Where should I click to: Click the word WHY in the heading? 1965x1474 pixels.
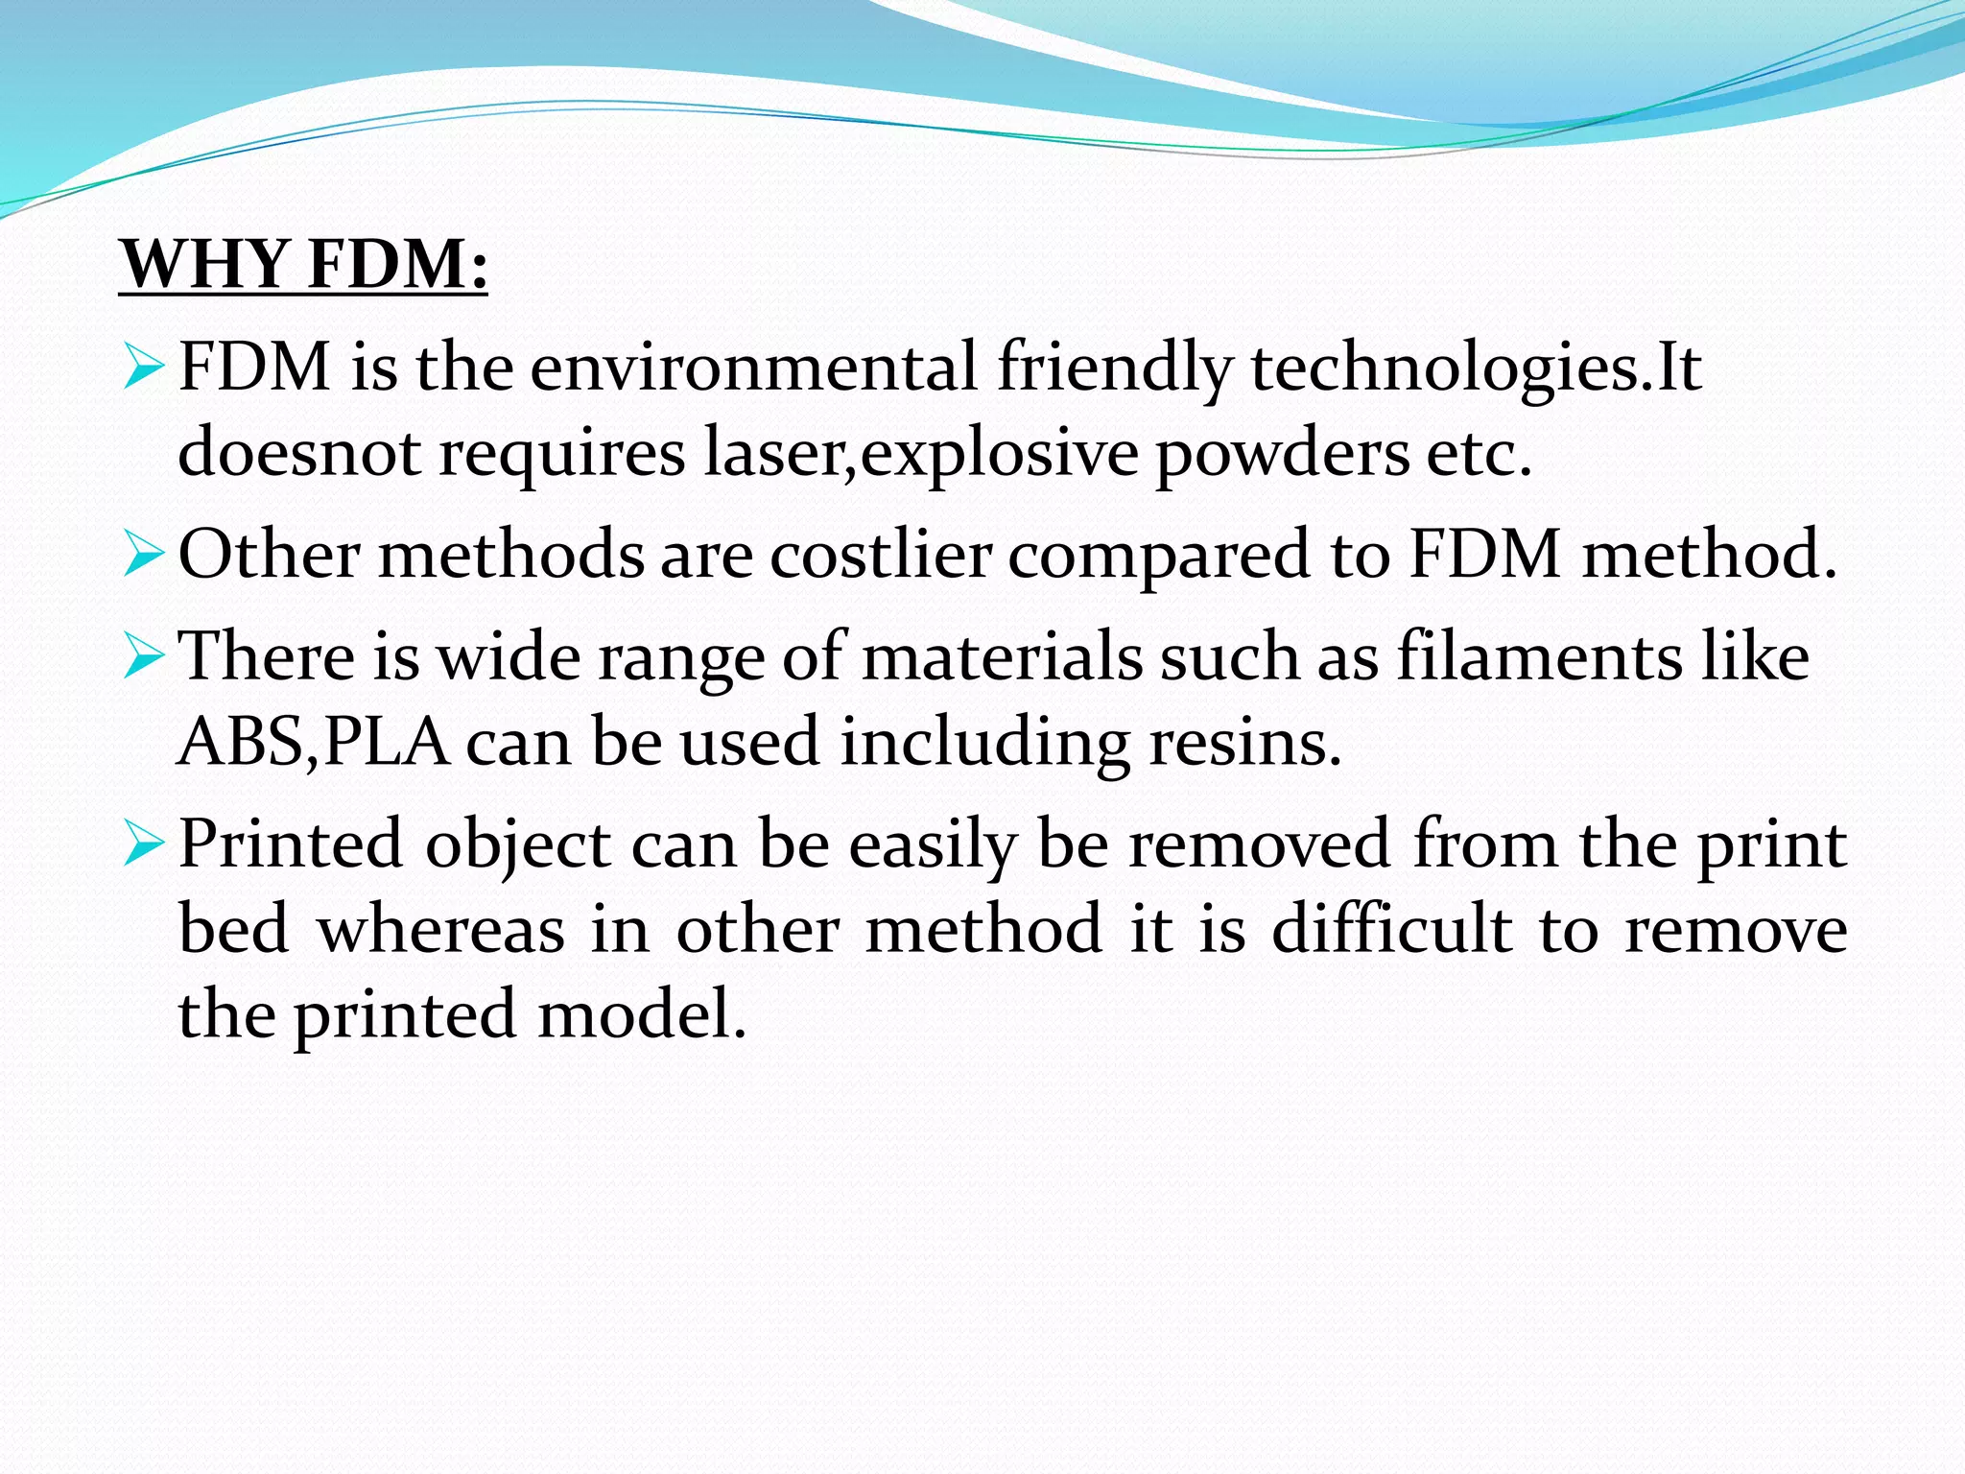click(206, 264)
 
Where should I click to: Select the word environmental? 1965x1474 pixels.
click(753, 368)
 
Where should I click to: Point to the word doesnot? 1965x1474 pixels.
click(299, 452)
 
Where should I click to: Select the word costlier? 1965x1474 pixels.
click(880, 556)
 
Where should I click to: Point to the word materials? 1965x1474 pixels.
click(1002, 658)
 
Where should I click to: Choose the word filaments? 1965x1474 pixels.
click(1539, 658)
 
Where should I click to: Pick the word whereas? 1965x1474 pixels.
click(441, 929)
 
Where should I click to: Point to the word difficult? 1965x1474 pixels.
click(1392, 929)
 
